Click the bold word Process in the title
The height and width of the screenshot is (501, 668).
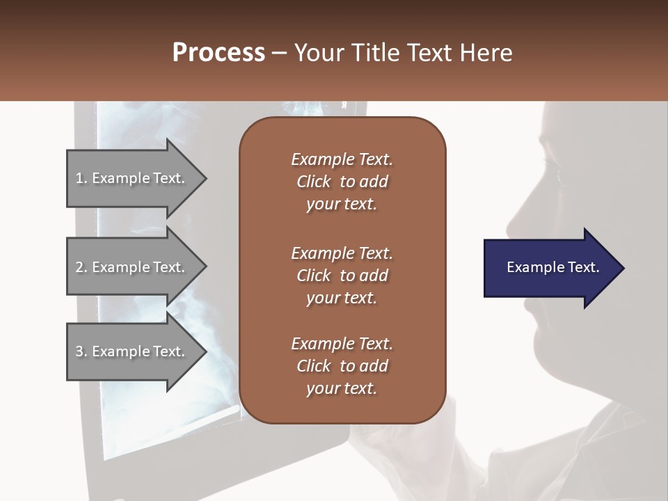pos(218,53)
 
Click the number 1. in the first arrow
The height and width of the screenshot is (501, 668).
pos(81,178)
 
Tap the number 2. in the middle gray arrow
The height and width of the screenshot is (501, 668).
pos(81,267)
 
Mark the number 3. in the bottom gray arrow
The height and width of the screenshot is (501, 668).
pos(81,351)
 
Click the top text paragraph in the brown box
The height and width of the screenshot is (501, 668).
pos(342,182)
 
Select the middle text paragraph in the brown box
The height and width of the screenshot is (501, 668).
pos(342,275)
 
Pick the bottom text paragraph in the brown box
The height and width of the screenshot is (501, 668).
pos(342,366)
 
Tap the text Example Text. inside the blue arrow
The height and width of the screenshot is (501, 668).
pos(552,267)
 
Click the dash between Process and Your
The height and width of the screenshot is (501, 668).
pos(279,54)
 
